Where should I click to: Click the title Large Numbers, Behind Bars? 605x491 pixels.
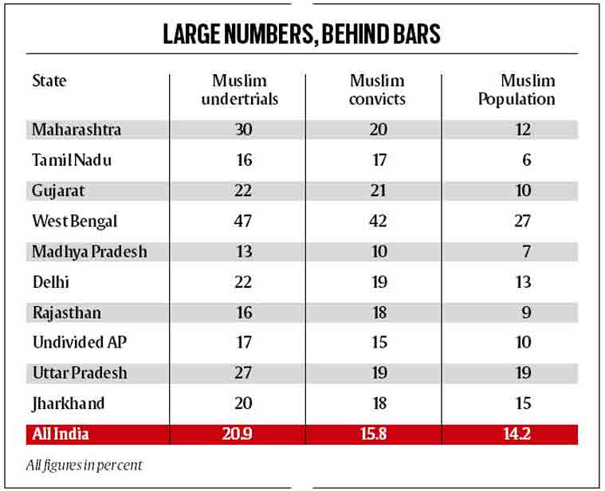coord(302,34)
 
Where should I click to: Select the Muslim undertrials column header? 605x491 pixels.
coord(239,90)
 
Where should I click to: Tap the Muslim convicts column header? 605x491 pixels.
coord(377,90)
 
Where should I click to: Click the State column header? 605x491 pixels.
coord(49,81)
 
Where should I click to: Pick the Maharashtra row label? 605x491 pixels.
coord(77,129)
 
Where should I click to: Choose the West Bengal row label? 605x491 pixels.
coord(75,221)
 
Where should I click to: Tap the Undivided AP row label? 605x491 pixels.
coord(79,343)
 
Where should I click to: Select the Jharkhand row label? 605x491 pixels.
coord(69,403)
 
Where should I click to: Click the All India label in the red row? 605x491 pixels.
coord(60,434)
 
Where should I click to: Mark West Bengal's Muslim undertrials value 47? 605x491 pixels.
coord(243,221)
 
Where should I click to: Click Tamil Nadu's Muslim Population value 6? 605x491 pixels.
coord(525,160)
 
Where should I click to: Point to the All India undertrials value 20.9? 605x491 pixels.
coord(243,434)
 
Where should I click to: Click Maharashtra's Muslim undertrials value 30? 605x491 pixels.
coord(243,129)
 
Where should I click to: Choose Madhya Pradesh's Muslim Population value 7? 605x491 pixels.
coord(525,252)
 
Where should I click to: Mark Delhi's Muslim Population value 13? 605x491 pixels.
coord(522,282)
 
